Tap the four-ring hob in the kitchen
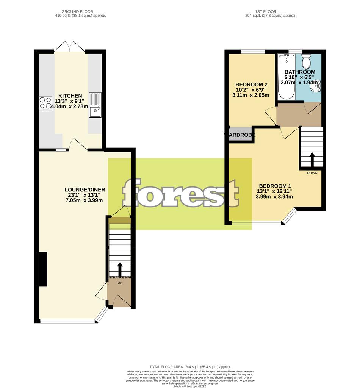45,103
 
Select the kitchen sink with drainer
95,105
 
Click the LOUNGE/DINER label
85,189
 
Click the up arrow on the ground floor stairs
120,269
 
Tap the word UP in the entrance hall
120,283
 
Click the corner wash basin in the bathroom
316,86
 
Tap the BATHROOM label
300,72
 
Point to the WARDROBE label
240,135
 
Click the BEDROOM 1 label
274,186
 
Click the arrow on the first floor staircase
312,159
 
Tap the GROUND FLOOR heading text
80,12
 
